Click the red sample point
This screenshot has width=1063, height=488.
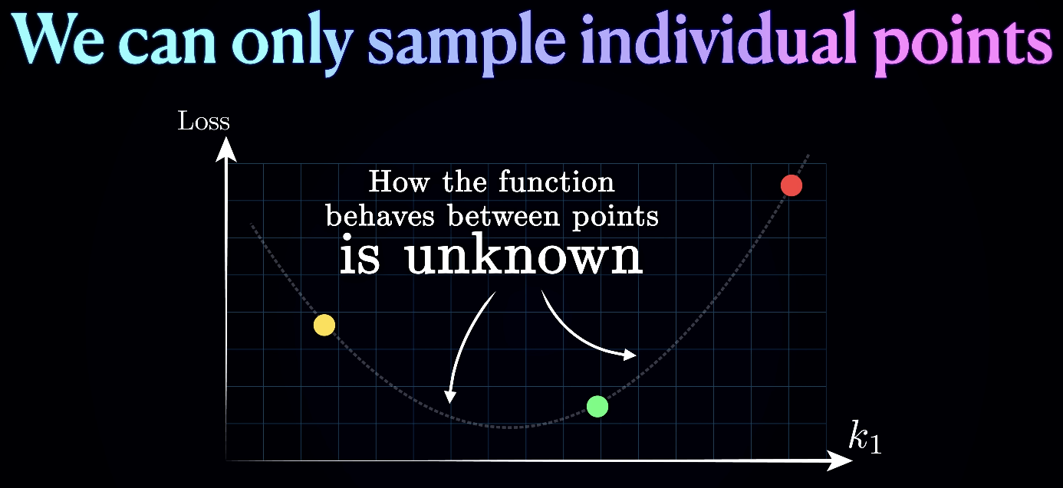point(791,185)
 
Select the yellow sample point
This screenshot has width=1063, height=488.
point(324,326)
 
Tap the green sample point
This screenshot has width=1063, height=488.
point(597,407)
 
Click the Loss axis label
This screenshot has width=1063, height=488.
point(203,121)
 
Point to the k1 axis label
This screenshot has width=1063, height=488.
point(864,437)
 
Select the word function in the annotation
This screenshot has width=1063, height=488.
point(557,182)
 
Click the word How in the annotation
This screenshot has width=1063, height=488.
point(399,182)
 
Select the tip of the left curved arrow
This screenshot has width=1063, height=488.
point(449,403)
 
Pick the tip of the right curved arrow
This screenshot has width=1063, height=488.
point(637,355)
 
